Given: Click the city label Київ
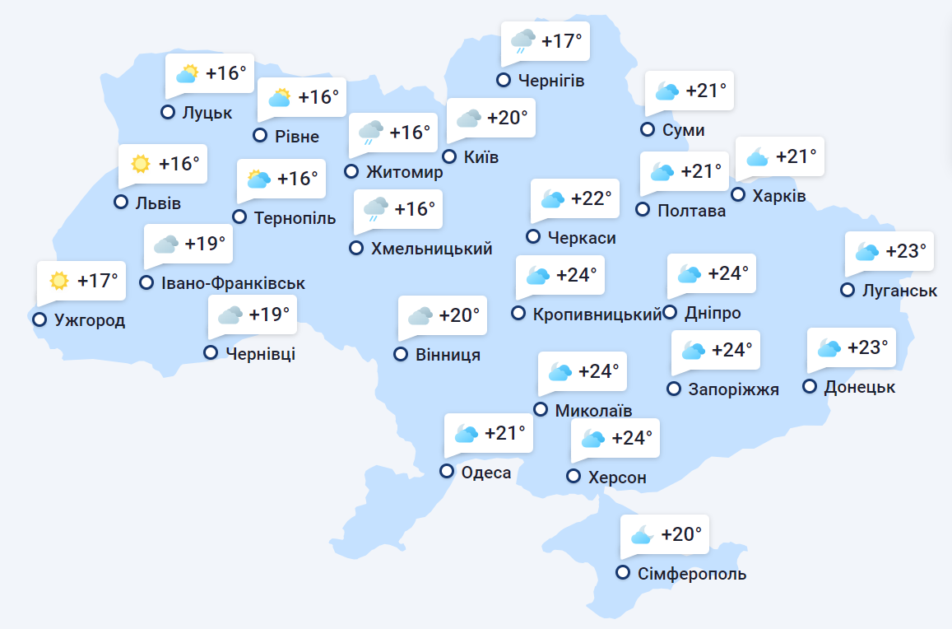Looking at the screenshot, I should (x=481, y=157).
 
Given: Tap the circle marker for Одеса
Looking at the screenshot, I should (x=447, y=471).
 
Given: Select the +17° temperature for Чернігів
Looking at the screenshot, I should (x=562, y=40).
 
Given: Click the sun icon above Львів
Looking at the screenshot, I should (x=141, y=164).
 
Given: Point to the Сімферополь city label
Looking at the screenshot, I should (x=692, y=574).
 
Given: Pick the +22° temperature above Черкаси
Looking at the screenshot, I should (x=592, y=198).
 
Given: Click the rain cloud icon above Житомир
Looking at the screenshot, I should (x=371, y=133).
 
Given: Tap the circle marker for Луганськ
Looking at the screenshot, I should (x=848, y=290).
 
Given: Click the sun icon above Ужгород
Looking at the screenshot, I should (x=58, y=281).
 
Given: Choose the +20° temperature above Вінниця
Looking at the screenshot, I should (x=459, y=315).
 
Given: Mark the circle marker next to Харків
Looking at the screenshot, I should (x=738, y=195).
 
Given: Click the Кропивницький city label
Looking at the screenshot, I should (x=597, y=314).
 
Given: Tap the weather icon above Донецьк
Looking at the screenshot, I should (x=829, y=347).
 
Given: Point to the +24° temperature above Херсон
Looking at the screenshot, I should (x=632, y=437).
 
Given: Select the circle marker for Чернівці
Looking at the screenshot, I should (x=211, y=352).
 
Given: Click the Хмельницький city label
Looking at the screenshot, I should (x=432, y=248).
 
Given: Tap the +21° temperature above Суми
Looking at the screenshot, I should (x=706, y=91).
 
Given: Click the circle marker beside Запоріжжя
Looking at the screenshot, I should (x=674, y=389).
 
